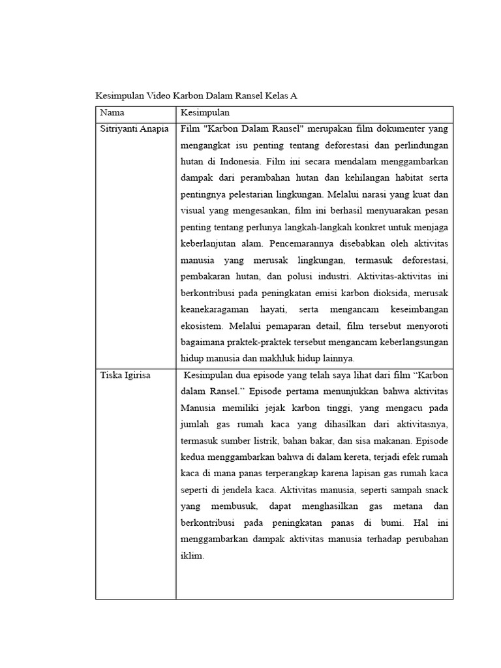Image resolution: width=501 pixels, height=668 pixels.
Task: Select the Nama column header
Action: pyautogui.click(x=112, y=112)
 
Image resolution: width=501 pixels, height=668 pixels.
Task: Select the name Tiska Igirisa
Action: pyautogui.click(x=125, y=375)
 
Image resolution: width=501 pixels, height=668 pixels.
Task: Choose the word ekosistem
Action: pyautogui.click(x=202, y=326)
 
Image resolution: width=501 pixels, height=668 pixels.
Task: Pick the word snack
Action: pyautogui.click(x=436, y=490)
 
